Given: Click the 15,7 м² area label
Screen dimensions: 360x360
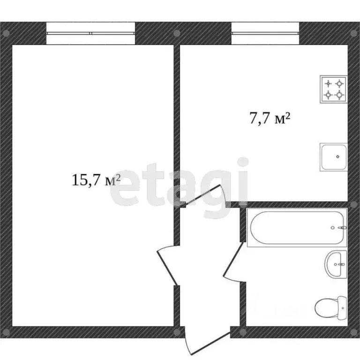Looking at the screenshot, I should click(96, 180).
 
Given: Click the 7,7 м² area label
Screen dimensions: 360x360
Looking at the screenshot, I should click(269, 119).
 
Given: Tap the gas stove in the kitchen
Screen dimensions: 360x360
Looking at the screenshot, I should click(333, 89).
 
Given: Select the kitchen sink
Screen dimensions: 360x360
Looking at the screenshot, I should click(334, 157).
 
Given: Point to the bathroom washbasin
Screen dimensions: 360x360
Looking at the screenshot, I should click(336, 264).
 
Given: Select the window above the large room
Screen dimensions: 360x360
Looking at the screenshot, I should click(91, 33).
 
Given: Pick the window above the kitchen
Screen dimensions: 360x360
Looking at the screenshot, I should click(266, 33).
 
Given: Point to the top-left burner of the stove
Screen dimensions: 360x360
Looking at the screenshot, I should click(328, 84).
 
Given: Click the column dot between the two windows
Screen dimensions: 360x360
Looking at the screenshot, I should click(177, 33).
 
